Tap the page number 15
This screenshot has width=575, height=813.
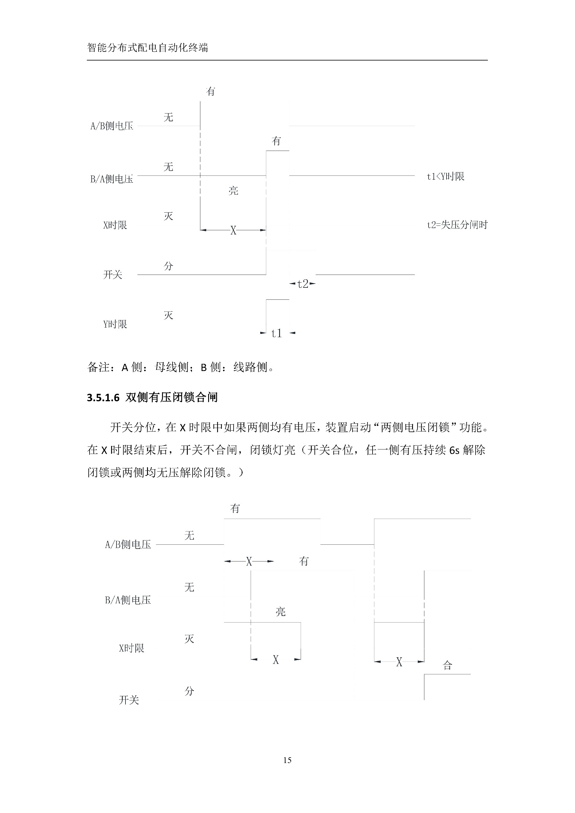click(287, 760)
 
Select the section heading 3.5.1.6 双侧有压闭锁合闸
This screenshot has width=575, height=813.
click(152, 397)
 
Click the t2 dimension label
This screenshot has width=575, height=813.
click(303, 284)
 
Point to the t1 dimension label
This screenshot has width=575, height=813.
click(276, 333)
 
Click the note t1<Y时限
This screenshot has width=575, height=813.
click(445, 176)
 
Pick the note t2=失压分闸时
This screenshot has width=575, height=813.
click(457, 225)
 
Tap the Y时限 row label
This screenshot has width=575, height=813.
click(115, 324)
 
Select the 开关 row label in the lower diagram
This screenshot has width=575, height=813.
click(129, 700)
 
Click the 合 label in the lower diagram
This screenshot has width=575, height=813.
click(447, 665)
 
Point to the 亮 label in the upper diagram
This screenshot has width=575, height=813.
click(233, 191)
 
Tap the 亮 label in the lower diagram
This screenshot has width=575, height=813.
click(280, 611)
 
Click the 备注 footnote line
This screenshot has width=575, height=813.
click(181, 367)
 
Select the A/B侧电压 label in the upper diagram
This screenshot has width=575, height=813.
click(112, 126)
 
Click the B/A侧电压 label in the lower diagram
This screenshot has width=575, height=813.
click(128, 600)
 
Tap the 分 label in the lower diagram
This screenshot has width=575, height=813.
click(190, 691)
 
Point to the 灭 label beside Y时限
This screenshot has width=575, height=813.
click(169, 315)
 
